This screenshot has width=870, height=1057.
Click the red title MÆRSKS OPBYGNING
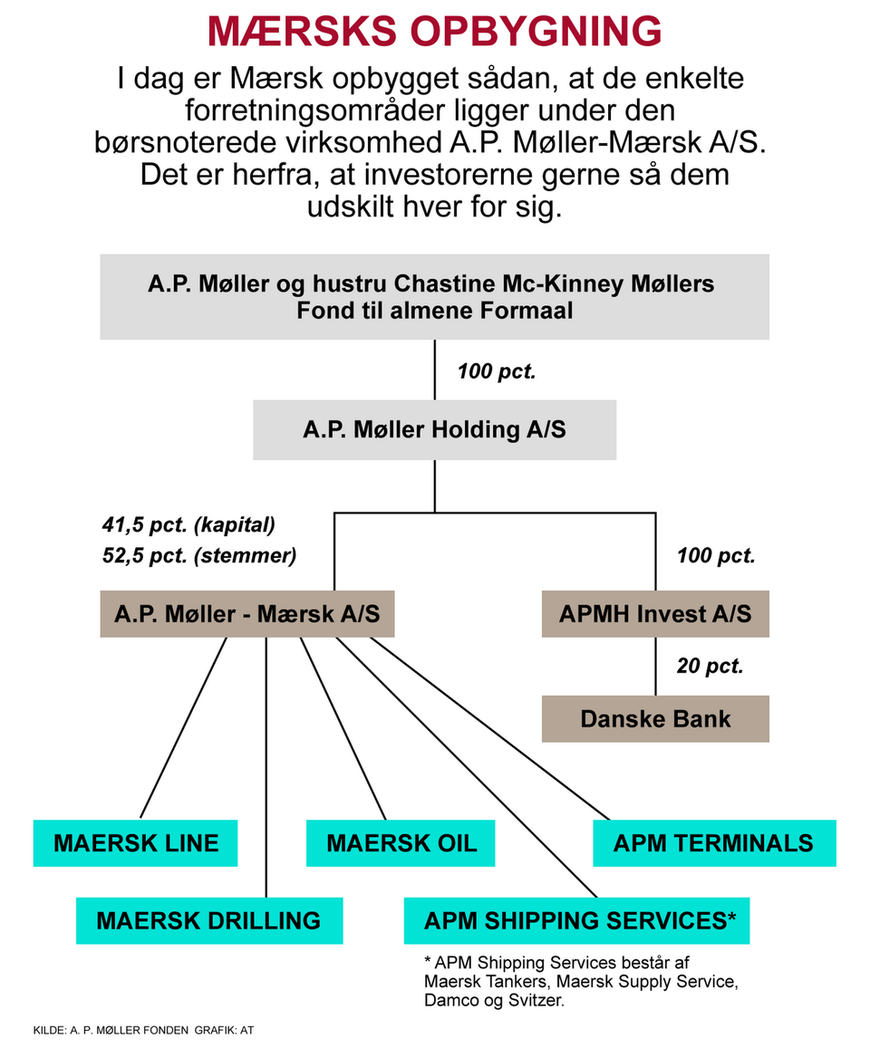pos(434,32)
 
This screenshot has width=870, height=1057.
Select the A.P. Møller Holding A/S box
pos(434,429)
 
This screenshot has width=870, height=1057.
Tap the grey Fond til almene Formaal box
pos(434,297)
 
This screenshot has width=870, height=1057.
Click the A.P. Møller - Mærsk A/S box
pos(246,614)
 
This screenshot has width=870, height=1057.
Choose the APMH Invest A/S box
pos(654,614)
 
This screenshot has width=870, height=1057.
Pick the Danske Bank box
pos(654,719)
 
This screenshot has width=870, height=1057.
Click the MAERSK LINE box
pos(136,843)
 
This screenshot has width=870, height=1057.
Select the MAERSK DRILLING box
pos(208,921)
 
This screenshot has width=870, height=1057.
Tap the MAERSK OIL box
pos(401,843)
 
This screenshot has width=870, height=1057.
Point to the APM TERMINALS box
pos(713,843)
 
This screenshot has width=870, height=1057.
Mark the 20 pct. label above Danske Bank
pos(710,667)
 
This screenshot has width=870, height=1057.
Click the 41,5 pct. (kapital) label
pos(188,524)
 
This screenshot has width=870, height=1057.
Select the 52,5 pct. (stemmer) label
pos(199,555)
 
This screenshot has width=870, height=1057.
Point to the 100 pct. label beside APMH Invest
pos(716,555)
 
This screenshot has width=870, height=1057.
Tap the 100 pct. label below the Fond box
pos(496,371)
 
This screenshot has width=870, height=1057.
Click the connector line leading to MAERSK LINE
pos(183,727)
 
